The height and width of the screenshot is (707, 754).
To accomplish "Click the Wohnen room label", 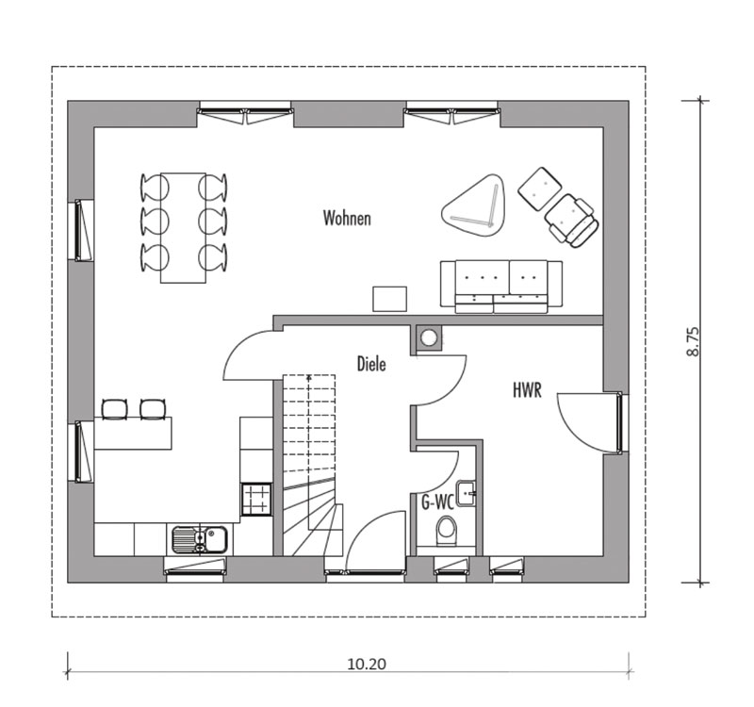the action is tap(347, 218).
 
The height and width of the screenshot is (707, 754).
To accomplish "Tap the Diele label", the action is tap(371, 364).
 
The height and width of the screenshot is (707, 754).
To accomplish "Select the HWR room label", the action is tap(527, 390).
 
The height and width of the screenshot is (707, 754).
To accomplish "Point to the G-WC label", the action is tap(437, 502).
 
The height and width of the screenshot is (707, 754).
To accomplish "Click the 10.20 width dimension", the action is tap(367, 665).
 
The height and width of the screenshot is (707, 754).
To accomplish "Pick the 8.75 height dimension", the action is tap(693, 341).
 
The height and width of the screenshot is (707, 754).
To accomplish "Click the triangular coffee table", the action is tap(475, 206).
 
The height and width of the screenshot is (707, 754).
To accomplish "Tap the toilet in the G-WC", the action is tap(446, 532).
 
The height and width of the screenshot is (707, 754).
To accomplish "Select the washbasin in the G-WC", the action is tap(466, 493).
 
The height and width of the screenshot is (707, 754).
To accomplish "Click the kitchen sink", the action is tap(200, 539).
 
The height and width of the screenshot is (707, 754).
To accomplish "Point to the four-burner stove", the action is tap(256, 499).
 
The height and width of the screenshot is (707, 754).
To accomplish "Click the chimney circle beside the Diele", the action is tap(428, 337).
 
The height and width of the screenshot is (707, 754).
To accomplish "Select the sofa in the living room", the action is tap(501, 287).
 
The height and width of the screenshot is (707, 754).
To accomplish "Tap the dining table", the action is tap(183, 227).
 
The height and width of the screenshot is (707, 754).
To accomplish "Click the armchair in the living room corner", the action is tap(572, 221).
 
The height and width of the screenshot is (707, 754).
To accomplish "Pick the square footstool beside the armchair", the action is tap(539, 188).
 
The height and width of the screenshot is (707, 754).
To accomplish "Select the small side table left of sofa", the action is tap(389, 299).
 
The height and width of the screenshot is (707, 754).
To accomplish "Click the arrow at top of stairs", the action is tap(308, 378).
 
